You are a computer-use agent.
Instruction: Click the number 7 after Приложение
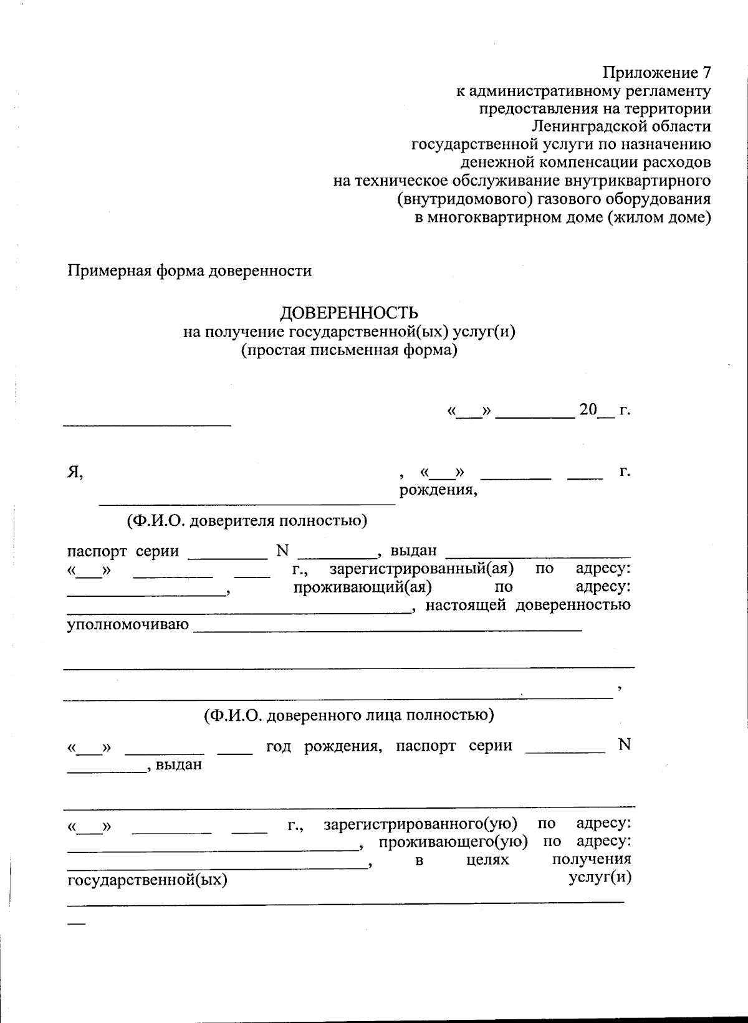click(706, 72)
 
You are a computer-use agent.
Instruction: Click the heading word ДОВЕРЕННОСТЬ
click(348, 313)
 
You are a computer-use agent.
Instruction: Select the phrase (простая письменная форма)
click(349, 350)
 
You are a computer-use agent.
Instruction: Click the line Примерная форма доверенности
click(189, 271)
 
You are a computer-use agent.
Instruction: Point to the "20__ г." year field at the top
click(604, 411)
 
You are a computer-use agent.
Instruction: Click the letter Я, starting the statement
click(75, 472)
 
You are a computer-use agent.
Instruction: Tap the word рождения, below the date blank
click(438, 490)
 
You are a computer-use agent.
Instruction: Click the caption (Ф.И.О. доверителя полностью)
click(247, 520)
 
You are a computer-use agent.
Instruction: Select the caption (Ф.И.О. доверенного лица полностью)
click(349, 715)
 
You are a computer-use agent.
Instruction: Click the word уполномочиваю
click(128, 624)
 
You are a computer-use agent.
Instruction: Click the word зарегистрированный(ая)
click(421, 569)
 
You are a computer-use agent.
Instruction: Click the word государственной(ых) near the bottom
click(147, 880)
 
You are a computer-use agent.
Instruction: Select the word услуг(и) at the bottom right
click(600, 877)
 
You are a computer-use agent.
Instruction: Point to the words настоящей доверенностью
click(528, 605)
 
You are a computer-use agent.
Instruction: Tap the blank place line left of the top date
click(147, 424)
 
